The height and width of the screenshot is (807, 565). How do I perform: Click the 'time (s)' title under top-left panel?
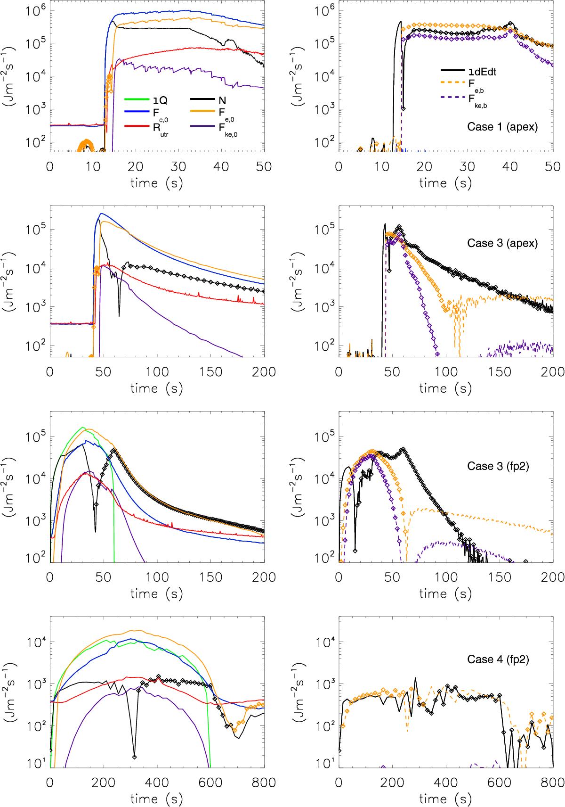click(x=157, y=182)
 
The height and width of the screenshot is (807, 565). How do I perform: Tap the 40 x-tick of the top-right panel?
click(x=510, y=167)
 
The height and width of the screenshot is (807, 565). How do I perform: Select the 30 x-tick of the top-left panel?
click(x=178, y=167)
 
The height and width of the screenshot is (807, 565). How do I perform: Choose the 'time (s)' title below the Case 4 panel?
click(x=445, y=614)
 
